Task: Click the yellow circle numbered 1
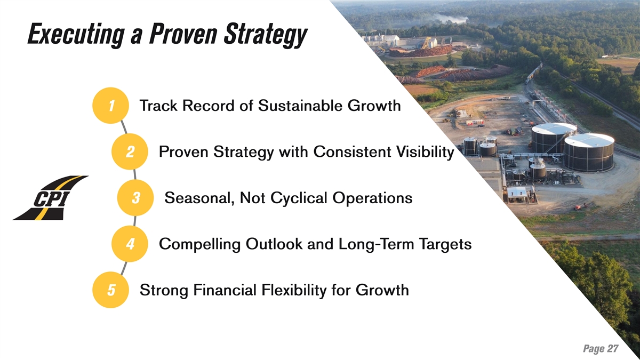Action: click(110, 106)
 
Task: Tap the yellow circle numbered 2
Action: click(130, 151)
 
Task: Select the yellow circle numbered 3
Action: click(135, 198)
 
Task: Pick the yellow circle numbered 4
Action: click(130, 244)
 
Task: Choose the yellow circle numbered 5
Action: click(110, 290)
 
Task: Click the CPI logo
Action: click(51, 198)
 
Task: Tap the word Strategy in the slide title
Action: click(265, 35)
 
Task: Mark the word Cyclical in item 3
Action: click(299, 198)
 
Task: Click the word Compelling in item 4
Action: click(199, 245)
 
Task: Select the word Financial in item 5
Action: click(225, 290)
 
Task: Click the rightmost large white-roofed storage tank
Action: click(589, 153)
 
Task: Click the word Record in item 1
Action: click(209, 106)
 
